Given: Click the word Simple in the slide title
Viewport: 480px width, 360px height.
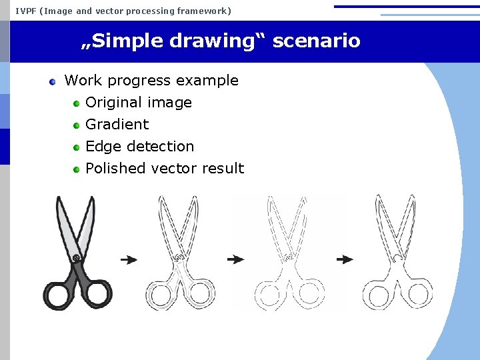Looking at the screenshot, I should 127,41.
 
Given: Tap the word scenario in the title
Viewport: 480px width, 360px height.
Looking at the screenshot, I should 317,41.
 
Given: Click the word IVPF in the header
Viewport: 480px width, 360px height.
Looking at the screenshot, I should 27,11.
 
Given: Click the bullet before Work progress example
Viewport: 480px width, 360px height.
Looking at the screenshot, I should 53,81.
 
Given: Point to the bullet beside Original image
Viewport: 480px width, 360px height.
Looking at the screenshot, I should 77,103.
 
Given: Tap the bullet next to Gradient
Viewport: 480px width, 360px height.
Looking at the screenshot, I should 77,125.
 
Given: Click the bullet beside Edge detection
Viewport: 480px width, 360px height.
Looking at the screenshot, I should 77,147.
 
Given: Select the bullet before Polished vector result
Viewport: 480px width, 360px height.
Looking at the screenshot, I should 77,169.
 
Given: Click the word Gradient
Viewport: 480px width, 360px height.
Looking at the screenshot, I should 117,125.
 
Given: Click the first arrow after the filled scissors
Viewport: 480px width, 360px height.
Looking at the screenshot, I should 129,259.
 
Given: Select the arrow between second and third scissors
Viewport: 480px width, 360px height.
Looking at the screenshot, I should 235,259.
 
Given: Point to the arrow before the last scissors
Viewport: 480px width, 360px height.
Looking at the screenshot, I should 345,259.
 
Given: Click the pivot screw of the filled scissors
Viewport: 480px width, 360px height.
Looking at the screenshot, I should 77,257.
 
